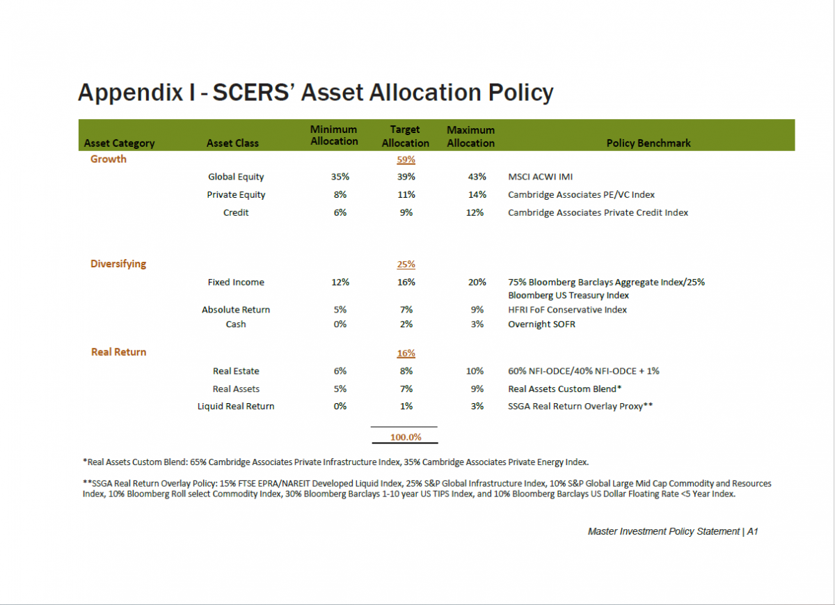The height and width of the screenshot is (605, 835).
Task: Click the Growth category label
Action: coord(109,159)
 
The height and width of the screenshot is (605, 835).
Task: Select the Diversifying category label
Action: coord(118,264)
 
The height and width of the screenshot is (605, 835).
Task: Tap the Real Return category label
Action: coord(118,352)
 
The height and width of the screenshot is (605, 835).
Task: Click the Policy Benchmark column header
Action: coord(649,143)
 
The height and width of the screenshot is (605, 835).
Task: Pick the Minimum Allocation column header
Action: coord(334,135)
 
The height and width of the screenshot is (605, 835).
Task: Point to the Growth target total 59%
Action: coord(406,159)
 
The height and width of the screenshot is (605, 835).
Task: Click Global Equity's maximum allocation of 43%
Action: coord(477,177)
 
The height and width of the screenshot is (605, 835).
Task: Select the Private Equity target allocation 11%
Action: coord(406,195)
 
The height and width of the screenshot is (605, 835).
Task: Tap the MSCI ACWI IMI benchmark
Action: coord(540,177)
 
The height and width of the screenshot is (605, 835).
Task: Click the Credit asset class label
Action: coord(236,212)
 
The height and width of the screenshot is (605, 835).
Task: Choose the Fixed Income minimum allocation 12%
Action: coord(340,283)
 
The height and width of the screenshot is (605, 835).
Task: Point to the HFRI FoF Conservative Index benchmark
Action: coord(567,310)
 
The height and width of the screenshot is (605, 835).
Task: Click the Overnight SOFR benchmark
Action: coord(541,324)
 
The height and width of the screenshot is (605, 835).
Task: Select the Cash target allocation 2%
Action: coord(406,324)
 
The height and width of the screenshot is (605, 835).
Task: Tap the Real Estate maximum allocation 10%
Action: coord(475,371)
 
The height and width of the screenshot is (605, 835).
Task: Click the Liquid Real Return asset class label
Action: coord(236,406)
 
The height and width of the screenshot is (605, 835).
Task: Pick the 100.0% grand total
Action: coord(406,437)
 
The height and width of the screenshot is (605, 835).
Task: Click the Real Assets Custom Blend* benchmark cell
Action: coord(564,389)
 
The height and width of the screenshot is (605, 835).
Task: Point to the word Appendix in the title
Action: coord(130,93)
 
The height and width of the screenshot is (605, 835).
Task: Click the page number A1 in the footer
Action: coord(752,531)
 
